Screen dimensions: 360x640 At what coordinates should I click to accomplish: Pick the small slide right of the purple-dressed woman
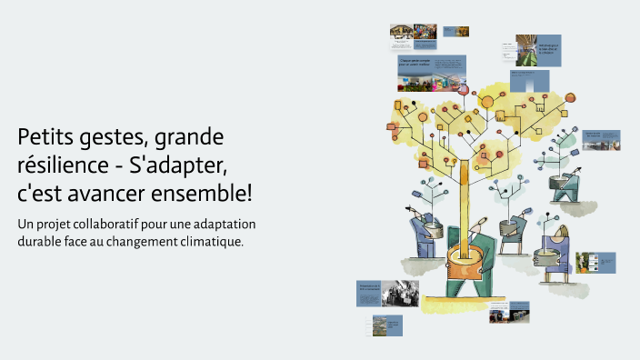click(595, 262)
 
